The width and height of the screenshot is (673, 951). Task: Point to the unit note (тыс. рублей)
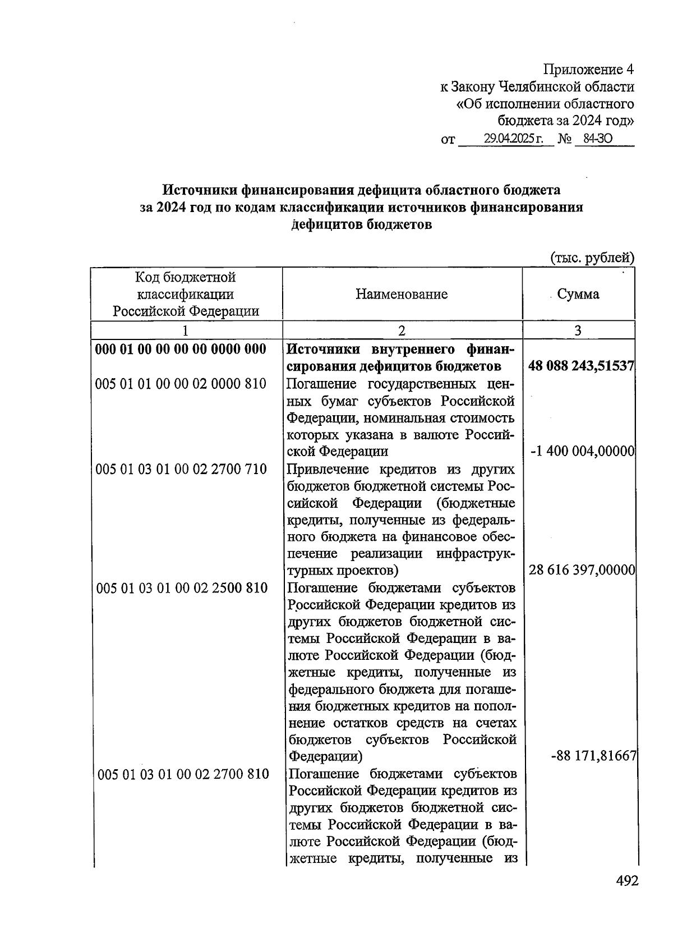pyautogui.click(x=592, y=258)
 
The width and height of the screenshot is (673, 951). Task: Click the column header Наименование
pyautogui.click(x=402, y=294)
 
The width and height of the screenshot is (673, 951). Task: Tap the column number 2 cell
pyautogui.click(x=402, y=330)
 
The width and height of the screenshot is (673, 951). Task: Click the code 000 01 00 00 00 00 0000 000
pyautogui.click(x=181, y=350)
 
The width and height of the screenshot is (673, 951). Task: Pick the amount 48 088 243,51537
pyautogui.click(x=581, y=366)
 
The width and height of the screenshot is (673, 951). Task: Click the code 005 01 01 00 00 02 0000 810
pyautogui.click(x=181, y=384)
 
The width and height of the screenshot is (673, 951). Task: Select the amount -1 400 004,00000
pyautogui.click(x=582, y=451)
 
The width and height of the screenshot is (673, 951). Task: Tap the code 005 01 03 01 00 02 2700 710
pyautogui.click(x=181, y=469)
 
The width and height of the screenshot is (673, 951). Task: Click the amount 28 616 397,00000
pyautogui.click(x=582, y=571)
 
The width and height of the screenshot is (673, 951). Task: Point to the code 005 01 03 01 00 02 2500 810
pyautogui.click(x=182, y=588)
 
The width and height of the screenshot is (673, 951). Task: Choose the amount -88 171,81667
pyautogui.click(x=593, y=756)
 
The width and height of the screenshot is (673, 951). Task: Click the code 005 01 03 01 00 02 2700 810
pyautogui.click(x=183, y=774)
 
